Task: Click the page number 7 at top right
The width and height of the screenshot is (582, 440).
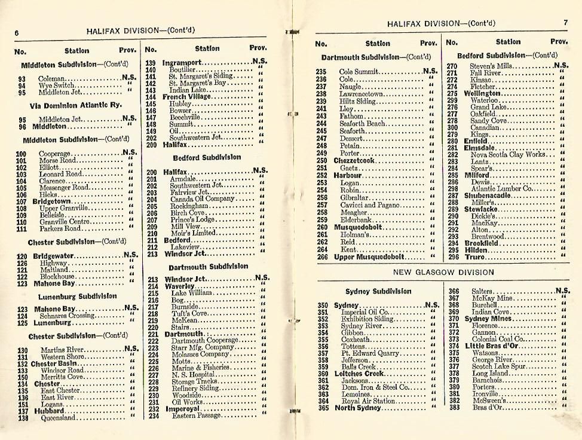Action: pos(565,23)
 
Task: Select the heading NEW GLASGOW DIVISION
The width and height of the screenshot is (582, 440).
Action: pos(443,273)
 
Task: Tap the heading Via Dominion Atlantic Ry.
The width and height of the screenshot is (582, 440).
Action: pos(75,105)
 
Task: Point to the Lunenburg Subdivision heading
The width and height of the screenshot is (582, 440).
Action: pos(78,296)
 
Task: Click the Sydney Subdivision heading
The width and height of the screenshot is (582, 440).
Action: pos(378,291)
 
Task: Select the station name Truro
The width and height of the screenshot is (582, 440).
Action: pos(476,257)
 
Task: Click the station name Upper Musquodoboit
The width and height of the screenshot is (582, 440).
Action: pos(369,257)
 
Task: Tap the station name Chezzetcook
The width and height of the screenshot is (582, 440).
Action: pos(354,161)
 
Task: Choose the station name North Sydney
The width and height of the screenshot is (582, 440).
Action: pos(357,408)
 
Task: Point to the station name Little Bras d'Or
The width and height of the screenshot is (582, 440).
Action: pos(492,346)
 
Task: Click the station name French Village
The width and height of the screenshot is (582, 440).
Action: pos(186,97)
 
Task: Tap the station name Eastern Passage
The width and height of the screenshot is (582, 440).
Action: pos(196,416)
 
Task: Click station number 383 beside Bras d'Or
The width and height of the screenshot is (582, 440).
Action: pos(454,408)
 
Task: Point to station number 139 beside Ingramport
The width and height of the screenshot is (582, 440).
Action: pos(151,62)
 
